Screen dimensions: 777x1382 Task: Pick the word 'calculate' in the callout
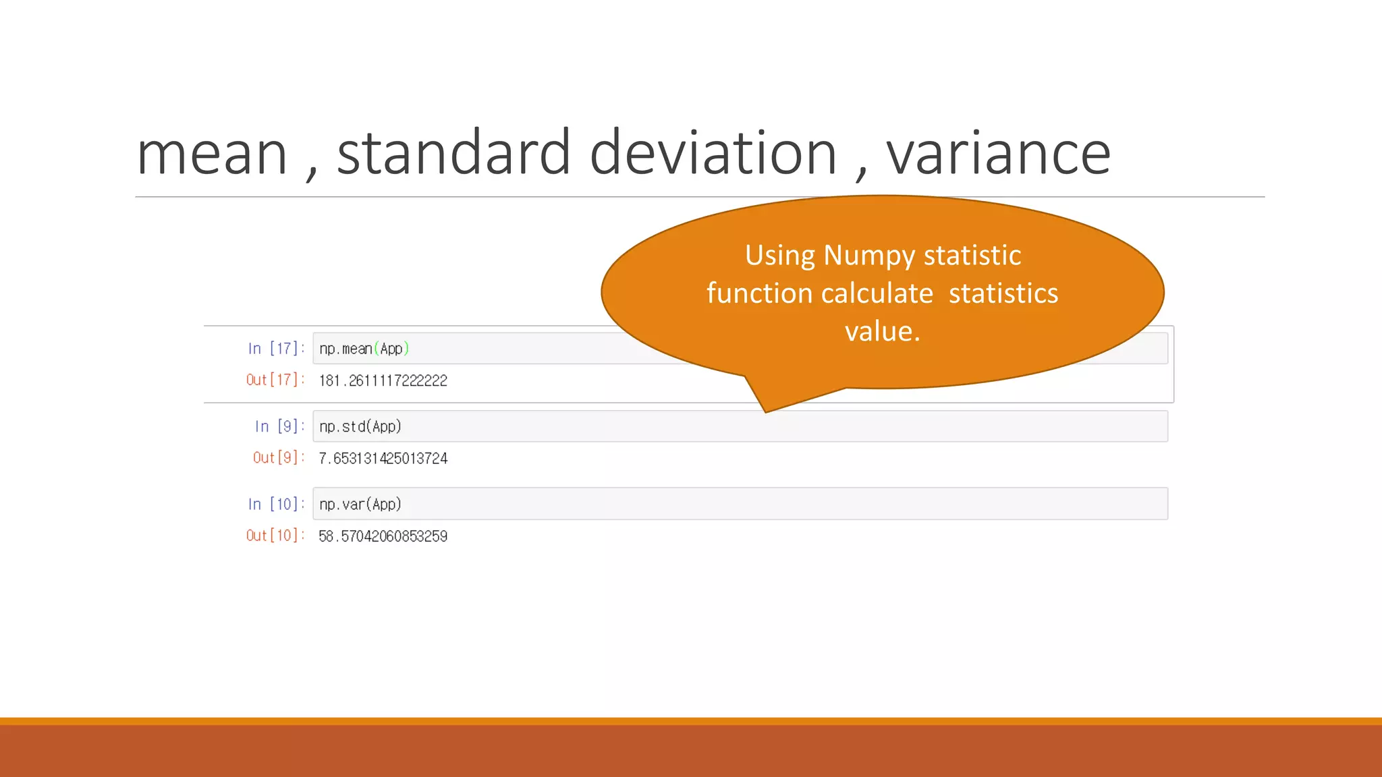[877, 293]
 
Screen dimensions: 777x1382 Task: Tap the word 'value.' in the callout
[882, 331]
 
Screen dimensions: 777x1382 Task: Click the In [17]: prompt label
[276, 349]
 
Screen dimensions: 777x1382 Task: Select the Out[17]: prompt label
[275, 380]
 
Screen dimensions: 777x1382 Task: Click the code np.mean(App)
[364, 349]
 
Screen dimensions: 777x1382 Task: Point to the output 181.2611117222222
[383, 380]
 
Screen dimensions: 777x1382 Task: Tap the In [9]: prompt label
[279, 426]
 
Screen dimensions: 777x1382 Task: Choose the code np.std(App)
[360, 426]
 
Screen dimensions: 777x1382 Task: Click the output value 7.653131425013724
[383, 459]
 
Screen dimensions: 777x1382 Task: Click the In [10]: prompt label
[276, 504]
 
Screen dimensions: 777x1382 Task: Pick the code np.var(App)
[360, 504]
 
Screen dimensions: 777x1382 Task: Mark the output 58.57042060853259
[383, 536]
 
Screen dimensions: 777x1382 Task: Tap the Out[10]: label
[275, 536]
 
